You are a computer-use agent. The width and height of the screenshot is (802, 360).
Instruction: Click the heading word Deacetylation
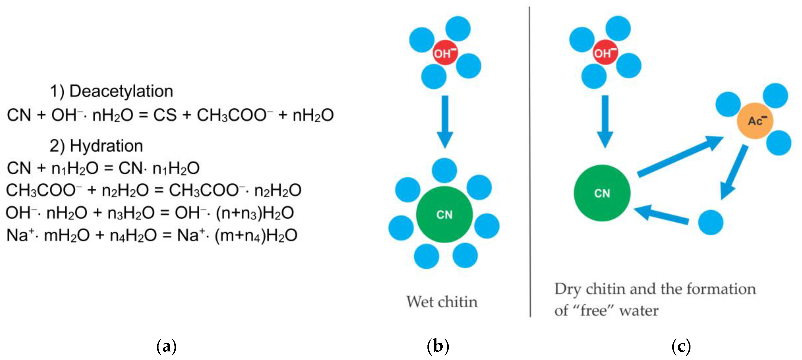(121, 91)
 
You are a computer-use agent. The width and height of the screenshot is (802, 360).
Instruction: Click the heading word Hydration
(106, 146)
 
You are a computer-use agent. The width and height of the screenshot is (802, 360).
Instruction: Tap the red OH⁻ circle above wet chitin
(445, 53)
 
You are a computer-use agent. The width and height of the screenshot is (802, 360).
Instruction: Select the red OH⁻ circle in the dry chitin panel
(605, 53)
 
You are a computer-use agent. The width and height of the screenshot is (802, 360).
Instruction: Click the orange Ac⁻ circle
(755, 121)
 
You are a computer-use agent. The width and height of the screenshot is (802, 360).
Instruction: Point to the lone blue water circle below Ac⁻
(710, 222)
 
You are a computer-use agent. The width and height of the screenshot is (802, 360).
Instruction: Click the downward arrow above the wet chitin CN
(445, 121)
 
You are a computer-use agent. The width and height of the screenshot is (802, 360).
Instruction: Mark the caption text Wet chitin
(442, 302)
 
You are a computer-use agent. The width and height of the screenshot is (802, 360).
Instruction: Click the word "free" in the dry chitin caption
(594, 310)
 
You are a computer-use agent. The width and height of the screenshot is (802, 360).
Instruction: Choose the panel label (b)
(438, 346)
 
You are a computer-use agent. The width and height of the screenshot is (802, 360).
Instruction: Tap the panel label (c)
(681, 346)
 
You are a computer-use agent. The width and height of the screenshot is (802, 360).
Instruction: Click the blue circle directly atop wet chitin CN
(444, 170)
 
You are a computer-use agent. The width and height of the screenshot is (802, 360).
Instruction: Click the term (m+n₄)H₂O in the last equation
(256, 236)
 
